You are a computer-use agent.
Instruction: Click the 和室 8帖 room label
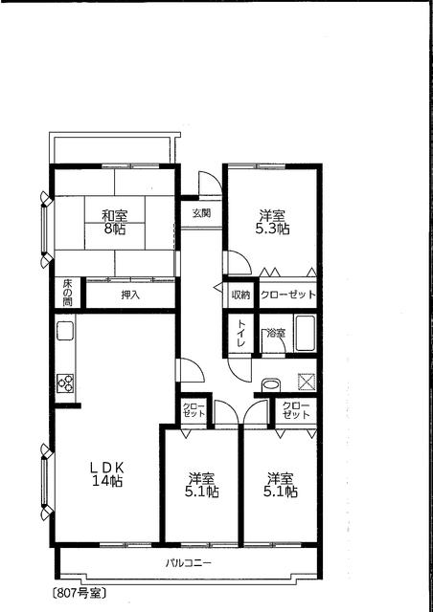point(115,222)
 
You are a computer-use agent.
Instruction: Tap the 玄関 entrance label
point(201,213)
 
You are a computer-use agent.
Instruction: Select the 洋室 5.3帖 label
point(272,222)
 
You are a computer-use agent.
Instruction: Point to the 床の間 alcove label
point(67,293)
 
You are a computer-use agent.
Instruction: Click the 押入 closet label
point(130,295)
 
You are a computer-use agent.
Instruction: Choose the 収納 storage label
point(240,295)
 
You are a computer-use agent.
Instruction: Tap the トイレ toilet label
point(240,334)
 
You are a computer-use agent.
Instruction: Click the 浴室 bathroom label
point(276,334)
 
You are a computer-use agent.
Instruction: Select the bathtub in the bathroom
point(306,334)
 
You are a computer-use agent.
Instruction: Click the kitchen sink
point(65,331)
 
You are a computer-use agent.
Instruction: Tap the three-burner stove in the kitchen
point(65,382)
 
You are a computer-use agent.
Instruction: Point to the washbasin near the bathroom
point(271,384)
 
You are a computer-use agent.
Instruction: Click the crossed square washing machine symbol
point(307,382)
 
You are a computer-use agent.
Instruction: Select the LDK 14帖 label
point(107,473)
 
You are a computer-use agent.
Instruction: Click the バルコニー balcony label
point(189,563)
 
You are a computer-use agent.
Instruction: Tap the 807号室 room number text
point(79,593)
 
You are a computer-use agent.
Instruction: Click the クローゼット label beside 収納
point(288,295)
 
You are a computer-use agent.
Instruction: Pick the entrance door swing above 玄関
point(211,184)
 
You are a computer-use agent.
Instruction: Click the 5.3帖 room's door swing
point(239,262)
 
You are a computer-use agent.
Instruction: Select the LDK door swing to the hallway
point(192,370)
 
